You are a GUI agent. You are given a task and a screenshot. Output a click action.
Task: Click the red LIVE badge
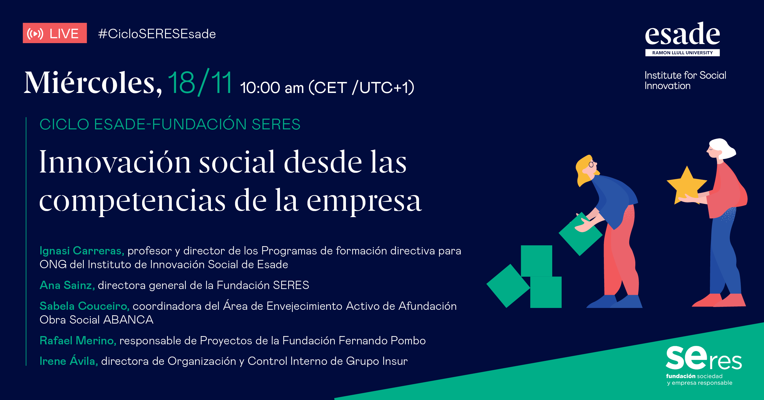[x=55, y=33]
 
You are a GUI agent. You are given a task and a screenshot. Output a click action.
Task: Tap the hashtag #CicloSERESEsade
[x=157, y=34]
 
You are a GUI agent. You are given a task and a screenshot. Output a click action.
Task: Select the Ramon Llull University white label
[x=682, y=53]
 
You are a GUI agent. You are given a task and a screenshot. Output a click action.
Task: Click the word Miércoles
[x=93, y=83]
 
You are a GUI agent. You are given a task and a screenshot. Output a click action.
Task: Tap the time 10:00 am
[x=272, y=88]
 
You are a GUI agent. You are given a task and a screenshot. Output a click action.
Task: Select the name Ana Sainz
[x=67, y=285]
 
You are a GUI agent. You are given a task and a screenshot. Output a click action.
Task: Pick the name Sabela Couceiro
[x=85, y=306]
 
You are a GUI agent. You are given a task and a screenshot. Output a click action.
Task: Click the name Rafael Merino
[x=78, y=341]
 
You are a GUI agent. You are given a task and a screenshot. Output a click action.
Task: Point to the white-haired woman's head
[x=721, y=149]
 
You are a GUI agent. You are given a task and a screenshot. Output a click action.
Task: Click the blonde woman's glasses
[x=592, y=164]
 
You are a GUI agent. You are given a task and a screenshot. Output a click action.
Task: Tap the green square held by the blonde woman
[x=580, y=234]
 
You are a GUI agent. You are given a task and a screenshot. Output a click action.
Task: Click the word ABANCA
[x=128, y=320]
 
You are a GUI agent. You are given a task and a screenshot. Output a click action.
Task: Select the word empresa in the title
[x=364, y=202]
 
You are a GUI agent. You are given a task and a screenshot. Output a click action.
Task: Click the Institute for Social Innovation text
[x=685, y=80]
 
